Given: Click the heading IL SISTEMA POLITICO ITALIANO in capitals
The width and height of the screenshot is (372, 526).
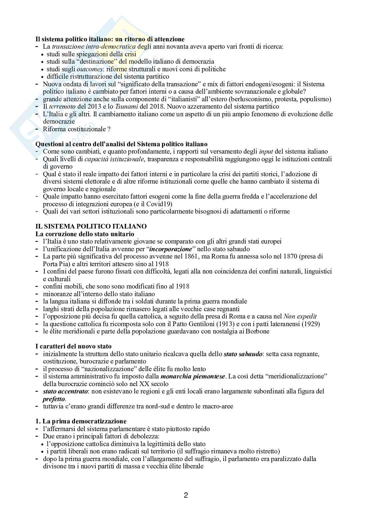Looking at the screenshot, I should coord(91,226).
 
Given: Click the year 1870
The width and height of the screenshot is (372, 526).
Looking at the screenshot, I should coord(277,257).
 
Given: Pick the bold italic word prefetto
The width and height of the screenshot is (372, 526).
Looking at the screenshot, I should coord(54,399).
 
